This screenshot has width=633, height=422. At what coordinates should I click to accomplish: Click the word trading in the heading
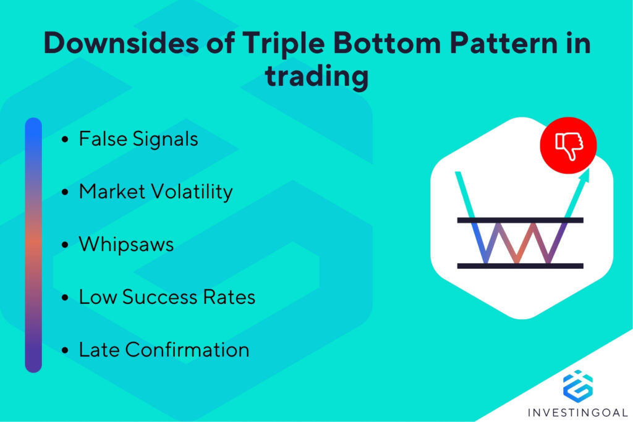tap(316, 78)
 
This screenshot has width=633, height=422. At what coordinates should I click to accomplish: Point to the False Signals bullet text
tap(138, 139)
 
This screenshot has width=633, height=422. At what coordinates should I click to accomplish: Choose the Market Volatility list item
tap(155, 192)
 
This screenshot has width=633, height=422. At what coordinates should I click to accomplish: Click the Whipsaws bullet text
tap(126, 245)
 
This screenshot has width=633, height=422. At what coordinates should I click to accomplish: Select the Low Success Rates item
tap(167, 297)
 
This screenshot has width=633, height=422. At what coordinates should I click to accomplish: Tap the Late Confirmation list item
tap(164, 350)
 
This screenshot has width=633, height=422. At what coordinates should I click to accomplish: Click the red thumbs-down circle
tap(568, 145)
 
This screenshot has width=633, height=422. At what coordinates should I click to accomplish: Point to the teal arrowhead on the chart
tap(585, 174)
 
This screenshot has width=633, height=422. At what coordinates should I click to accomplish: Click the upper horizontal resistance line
tap(520, 220)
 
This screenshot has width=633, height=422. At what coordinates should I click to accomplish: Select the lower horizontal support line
tap(520, 266)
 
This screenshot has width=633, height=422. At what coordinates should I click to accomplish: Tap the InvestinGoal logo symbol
tap(577, 384)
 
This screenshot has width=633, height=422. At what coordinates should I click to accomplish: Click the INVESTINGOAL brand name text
tap(577, 412)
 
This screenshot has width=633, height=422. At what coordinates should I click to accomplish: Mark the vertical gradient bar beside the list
tap(33, 245)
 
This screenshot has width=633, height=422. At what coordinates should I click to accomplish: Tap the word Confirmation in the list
tap(187, 350)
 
